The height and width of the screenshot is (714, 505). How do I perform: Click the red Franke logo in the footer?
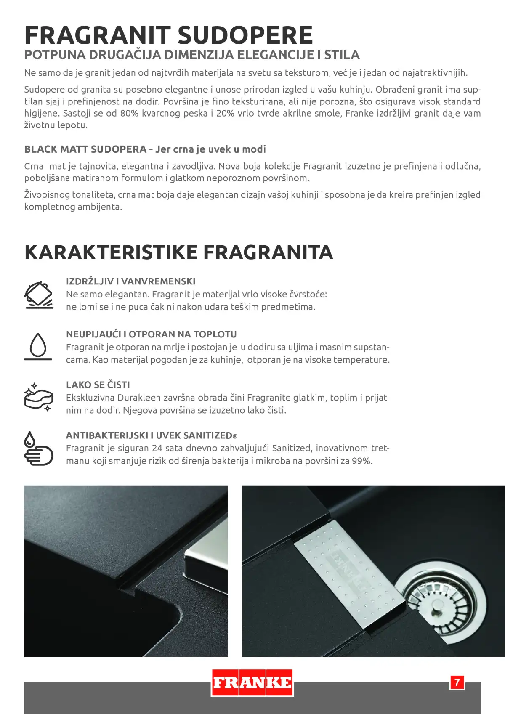point(252,682)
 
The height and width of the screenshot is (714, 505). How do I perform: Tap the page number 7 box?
point(457,682)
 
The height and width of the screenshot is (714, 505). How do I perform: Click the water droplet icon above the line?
point(38,346)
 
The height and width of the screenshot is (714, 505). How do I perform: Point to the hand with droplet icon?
point(38,449)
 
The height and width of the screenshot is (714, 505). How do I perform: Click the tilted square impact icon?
point(39,295)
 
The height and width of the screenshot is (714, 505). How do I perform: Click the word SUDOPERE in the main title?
point(245,35)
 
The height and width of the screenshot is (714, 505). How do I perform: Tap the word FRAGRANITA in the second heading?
point(268,252)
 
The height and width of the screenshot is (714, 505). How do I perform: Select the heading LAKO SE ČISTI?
point(98,385)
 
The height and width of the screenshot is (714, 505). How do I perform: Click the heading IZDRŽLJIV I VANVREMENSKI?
point(130,281)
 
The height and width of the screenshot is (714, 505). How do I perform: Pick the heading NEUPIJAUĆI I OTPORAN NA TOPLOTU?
point(151,334)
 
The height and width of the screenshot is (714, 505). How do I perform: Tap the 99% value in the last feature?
point(361,461)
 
